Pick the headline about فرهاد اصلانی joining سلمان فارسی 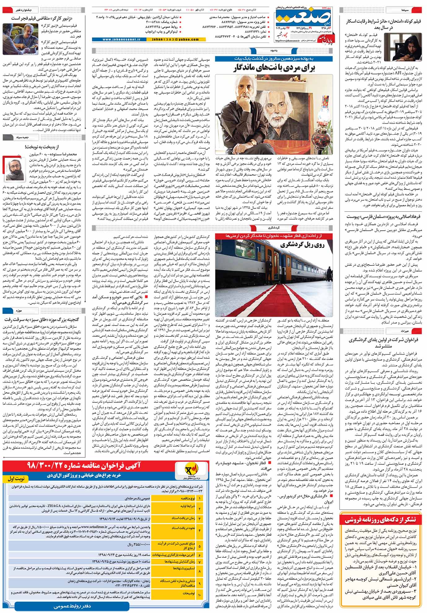coord(382,216)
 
